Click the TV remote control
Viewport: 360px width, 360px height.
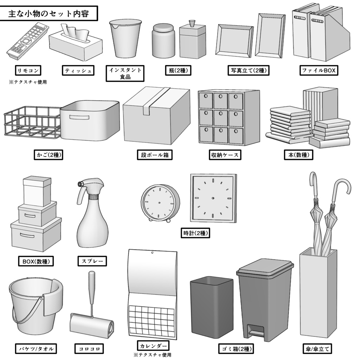click(26, 40)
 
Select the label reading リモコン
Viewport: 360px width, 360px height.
click(28, 70)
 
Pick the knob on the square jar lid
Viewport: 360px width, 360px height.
click(192, 24)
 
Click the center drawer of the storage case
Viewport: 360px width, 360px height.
click(221, 118)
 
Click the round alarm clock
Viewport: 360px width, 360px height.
click(160, 203)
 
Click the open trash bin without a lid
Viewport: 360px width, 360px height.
click(211, 306)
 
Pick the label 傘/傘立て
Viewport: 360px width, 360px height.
click(316, 349)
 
